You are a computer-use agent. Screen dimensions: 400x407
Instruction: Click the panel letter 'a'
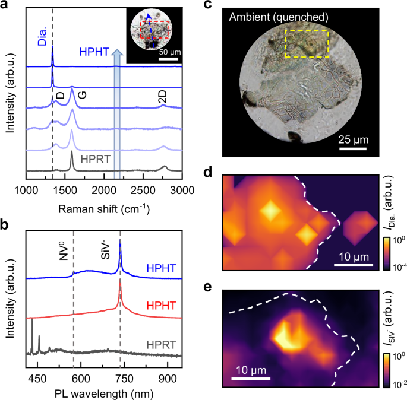click(x=6, y=7)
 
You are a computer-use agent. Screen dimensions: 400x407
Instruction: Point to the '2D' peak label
click(x=165, y=100)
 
